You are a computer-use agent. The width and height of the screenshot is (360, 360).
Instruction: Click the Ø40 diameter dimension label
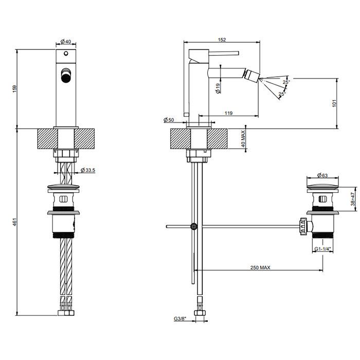(x=66, y=42)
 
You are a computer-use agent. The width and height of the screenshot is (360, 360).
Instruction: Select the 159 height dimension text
(x=15, y=88)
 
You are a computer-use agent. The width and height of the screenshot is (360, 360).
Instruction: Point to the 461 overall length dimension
(x=15, y=222)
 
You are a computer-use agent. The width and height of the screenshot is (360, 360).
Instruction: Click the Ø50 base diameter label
(x=169, y=120)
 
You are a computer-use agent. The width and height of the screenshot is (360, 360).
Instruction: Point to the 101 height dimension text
(x=335, y=103)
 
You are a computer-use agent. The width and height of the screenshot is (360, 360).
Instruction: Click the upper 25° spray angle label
(x=286, y=81)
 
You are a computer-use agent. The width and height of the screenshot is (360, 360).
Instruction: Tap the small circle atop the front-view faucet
(x=66, y=53)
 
